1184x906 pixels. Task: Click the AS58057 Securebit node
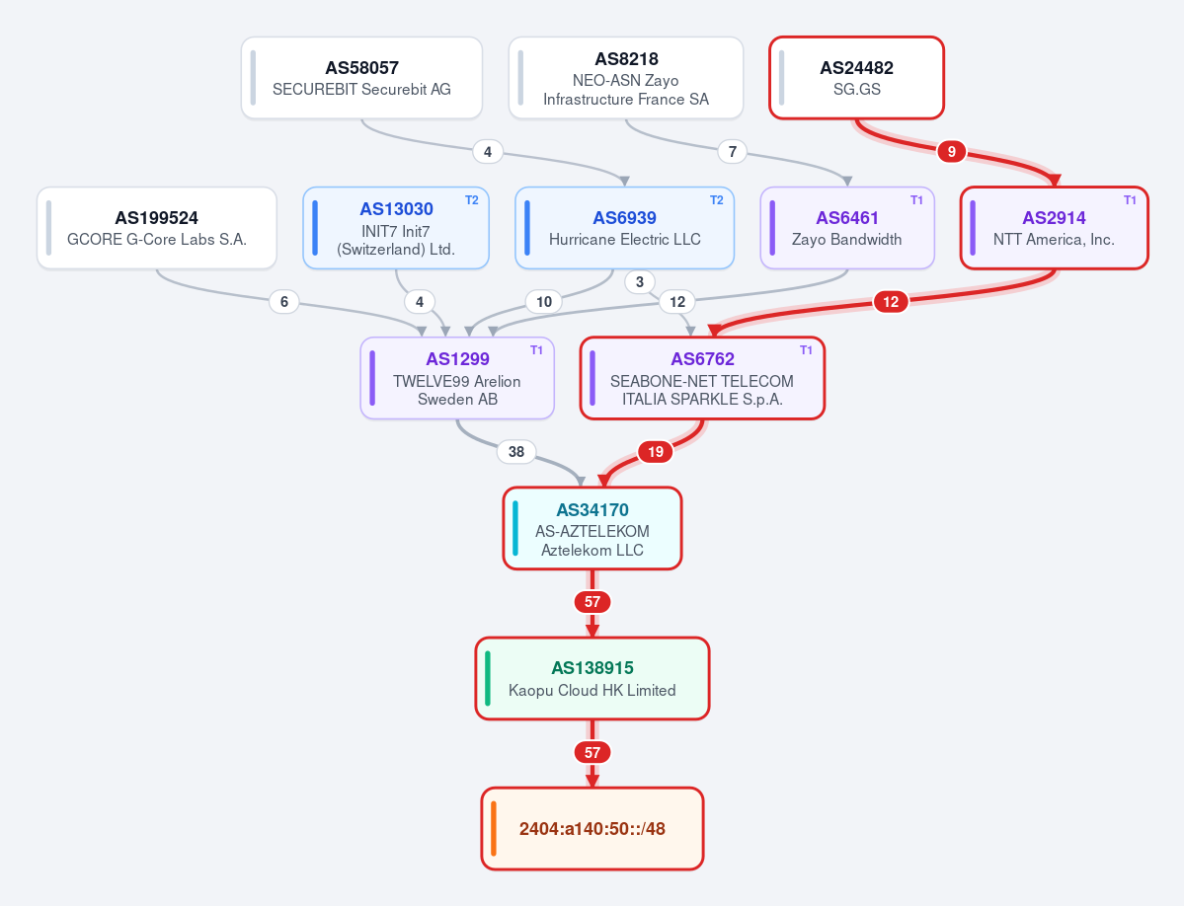click(361, 78)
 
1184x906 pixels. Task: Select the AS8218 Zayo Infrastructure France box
click(626, 78)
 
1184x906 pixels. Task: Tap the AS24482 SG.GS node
click(856, 78)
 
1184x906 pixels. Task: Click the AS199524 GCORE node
click(157, 228)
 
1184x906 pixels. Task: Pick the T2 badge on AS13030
click(472, 200)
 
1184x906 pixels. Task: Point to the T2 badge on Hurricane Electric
click(717, 200)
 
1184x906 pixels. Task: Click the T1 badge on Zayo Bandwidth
click(916, 200)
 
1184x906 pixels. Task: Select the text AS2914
click(1054, 218)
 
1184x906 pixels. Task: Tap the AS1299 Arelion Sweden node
click(457, 378)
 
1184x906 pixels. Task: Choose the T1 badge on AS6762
click(807, 350)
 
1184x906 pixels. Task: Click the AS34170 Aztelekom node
click(592, 528)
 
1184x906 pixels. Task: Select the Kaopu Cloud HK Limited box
click(592, 678)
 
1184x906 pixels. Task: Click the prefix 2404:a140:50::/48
click(592, 828)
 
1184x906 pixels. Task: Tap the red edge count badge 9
click(951, 152)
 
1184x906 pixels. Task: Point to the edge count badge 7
click(733, 152)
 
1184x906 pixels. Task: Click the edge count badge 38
click(516, 452)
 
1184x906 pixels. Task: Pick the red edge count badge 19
click(656, 452)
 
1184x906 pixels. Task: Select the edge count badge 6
click(284, 302)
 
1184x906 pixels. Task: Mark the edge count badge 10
click(544, 302)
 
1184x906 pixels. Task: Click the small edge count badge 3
click(640, 282)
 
